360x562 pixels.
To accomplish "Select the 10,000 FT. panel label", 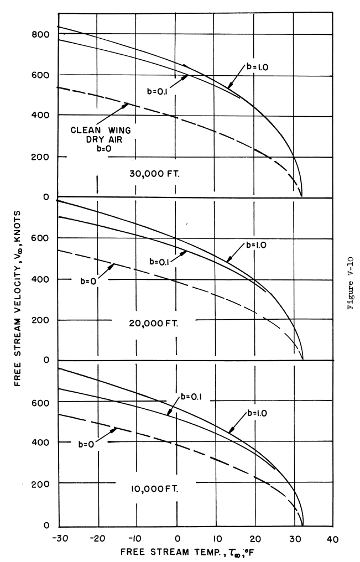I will [150, 488].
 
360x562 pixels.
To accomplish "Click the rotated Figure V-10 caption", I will [351, 280].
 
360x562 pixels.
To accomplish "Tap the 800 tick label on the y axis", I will [41, 34].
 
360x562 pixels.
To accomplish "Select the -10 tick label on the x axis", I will [137, 538].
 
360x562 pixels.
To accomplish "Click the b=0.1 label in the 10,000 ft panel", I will [192, 396].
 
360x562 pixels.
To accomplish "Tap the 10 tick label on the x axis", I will [217, 538].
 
